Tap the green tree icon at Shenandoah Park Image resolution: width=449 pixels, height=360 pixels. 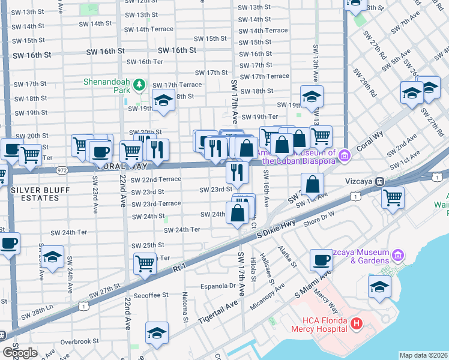tap(139, 85)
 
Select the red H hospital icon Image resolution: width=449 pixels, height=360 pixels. tap(357, 324)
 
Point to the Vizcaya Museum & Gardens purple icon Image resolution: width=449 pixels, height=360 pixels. tap(397, 256)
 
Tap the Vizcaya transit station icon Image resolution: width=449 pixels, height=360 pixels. tap(379, 181)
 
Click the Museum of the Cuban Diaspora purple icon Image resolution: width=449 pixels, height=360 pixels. tap(344, 156)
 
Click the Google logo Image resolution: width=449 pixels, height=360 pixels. tap(20, 352)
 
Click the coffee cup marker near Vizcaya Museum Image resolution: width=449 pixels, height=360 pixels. tap(321, 260)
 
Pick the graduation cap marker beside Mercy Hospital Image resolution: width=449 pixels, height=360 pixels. tap(379, 286)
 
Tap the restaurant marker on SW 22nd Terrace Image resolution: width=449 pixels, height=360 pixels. tap(237, 172)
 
